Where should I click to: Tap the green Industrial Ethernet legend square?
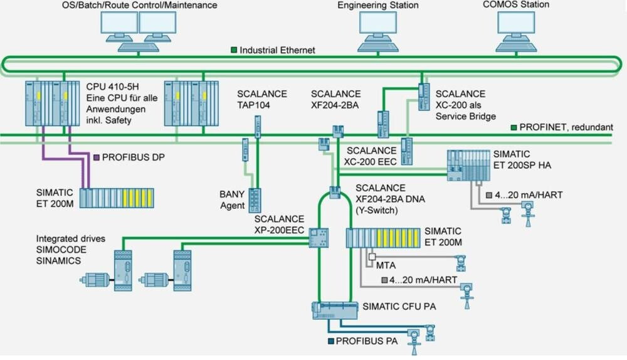234,50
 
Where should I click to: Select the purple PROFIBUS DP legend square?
96,157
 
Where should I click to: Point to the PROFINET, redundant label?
569,127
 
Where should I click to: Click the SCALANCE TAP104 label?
261,99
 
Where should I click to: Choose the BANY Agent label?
232,199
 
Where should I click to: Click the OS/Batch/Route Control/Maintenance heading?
139,6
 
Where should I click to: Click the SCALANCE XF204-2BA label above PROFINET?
335,99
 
